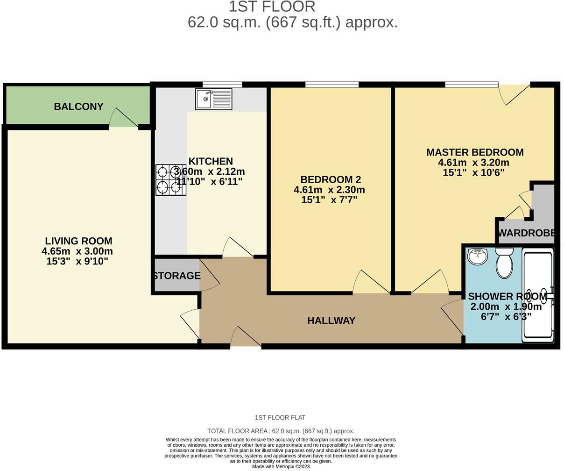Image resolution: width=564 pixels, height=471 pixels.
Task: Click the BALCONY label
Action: [x=78, y=107]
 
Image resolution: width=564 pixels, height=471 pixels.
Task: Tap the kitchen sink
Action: [x=214, y=99]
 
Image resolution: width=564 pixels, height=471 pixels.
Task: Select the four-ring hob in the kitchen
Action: [x=171, y=180]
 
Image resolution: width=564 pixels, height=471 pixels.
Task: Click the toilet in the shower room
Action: [x=504, y=263]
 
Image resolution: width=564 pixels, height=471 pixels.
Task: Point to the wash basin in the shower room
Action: [x=477, y=257]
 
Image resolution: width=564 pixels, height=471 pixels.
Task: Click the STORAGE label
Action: [x=177, y=276]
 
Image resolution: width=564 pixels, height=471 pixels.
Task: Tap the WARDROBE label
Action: [x=526, y=233]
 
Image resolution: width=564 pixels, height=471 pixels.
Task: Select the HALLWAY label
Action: [x=331, y=321]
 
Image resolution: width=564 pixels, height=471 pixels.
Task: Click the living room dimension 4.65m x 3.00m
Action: [x=77, y=251]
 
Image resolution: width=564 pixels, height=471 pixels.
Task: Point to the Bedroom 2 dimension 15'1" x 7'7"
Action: [x=329, y=200]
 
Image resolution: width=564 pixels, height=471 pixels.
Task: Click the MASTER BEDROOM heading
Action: [x=475, y=152]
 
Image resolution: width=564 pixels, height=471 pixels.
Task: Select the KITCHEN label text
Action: [x=211, y=161]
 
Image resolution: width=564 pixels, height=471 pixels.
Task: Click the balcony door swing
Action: [x=123, y=118]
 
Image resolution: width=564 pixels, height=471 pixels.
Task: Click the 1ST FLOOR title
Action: [x=272, y=7]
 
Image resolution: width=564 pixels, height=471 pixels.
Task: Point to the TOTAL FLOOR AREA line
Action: [x=281, y=431]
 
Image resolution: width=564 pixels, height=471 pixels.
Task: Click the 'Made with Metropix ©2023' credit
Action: [x=281, y=466]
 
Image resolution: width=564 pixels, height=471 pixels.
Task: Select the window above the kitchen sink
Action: [x=222, y=85]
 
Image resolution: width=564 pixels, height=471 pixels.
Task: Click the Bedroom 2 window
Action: [x=332, y=85]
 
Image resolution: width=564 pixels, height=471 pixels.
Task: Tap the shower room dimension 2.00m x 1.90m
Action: [x=506, y=307]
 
